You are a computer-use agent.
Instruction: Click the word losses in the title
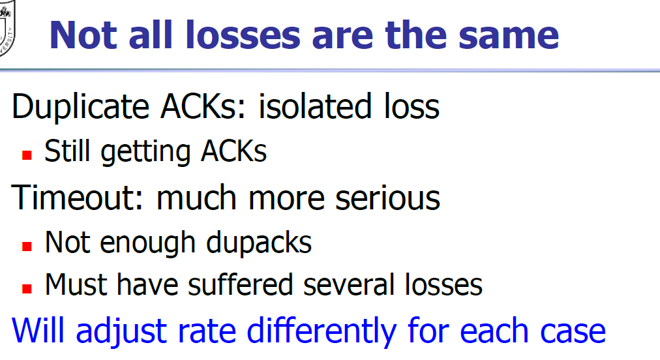(x=243, y=35)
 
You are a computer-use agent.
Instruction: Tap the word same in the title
(x=509, y=36)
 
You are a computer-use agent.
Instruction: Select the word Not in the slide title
(x=83, y=35)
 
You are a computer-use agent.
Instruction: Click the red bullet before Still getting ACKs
(x=27, y=155)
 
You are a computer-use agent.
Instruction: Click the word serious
(x=387, y=198)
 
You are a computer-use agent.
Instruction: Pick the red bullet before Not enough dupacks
(x=27, y=247)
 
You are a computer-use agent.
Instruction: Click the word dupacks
(x=259, y=243)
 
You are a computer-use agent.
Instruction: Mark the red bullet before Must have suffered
(x=27, y=288)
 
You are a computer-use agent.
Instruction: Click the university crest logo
(x=6, y=28)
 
